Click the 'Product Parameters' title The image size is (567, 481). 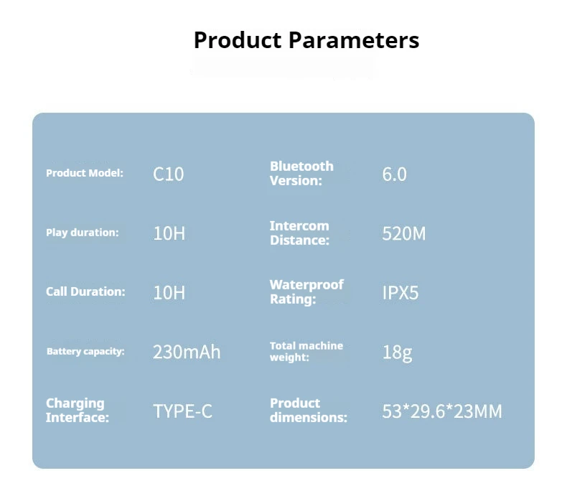pyautogui.click(x=306, y=39)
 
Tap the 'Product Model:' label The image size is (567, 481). pyautogui.click(x=85, y=173)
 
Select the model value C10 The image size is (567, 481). pyautogui.click(x=169, y=174)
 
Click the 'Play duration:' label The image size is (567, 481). pyautogui.click(x=83, y=233)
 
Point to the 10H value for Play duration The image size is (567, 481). pyautogui.click(x=169, y=233)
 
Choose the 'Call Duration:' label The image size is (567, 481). pyautogui.click(x=85, y=291)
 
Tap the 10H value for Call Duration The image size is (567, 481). pyautogui.click(x=169, y=293)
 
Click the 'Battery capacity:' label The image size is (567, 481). pyautogui.click(x=85, y=351)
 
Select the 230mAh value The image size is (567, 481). pyautogui.click(x=187, y=352)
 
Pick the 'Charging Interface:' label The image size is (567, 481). pyautogui.click(x=78, y=410)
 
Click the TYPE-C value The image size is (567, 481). pyautogui.click(x=182, y=411)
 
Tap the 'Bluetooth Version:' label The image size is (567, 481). pyautogui.click(x=301, y=173)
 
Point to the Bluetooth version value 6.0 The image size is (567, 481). pyautogui.click(x=395, y=174)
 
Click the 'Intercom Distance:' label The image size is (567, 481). pyautogui.click(x=299, y=233)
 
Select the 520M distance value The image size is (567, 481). pyautogui.click(x=404, y=233)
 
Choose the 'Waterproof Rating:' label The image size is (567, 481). pyautogui.click(x=306, y=292)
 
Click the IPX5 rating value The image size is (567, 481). pyautogui.click(x=400, y=293)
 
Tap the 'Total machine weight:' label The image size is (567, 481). pyautogui.click(x=306, y=351)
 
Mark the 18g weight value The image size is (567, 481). pyautogui.click(x=397, y=352)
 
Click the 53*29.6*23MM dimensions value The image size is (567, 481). pyautogui.click(x=442, y=411)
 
